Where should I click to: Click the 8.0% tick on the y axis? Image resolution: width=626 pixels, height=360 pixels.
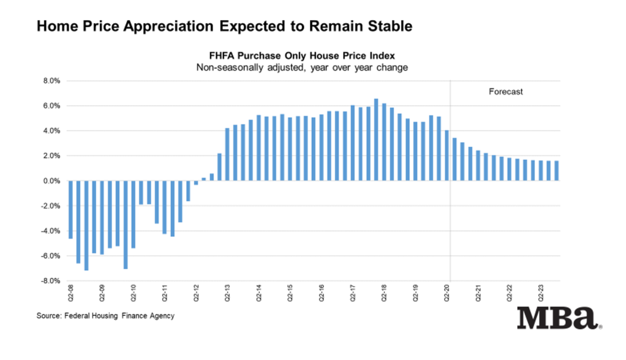(51, 81)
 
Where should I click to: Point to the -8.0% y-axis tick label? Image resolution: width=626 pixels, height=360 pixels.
(50, 281)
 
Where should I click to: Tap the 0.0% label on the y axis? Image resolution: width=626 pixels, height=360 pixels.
(51, 181)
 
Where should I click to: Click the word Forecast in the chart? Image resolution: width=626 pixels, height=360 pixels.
(505, 92)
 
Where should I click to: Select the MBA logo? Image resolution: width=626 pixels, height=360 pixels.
(557, 319)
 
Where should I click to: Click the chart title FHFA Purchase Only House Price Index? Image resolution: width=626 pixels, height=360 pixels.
(301, 55)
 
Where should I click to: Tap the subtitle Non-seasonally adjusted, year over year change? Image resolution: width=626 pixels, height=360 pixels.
(301, 67)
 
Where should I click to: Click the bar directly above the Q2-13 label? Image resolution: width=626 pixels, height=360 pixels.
(227, 155)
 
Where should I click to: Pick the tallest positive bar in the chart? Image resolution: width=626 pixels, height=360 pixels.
(376, 140)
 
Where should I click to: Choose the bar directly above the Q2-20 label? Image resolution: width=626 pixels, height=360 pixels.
(447, 156)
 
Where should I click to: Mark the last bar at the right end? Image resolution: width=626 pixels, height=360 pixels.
(556, 171)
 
